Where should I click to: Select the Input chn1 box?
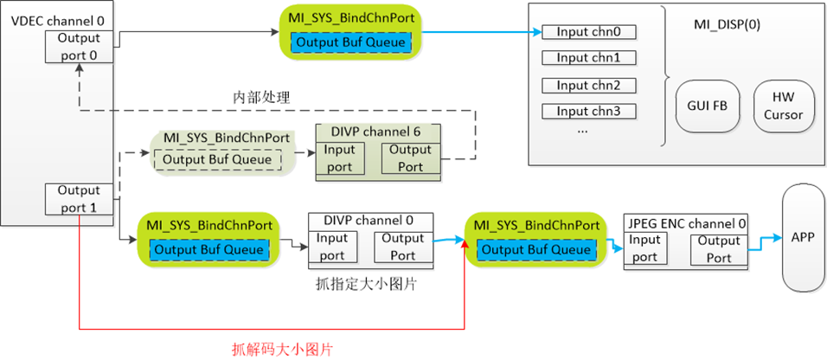click(x=588, y=59)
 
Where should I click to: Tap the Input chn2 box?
click(x=588, y=85)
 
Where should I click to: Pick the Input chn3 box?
click(x=588, y=111)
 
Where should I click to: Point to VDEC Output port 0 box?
click(x=79, y=46)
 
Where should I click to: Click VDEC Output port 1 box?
click(x=79, y=199)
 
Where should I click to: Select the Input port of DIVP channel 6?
click(x=340, y=157)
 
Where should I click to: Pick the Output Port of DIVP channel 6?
click(x=411, y=157)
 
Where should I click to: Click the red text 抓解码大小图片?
click(x=283, y=349)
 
